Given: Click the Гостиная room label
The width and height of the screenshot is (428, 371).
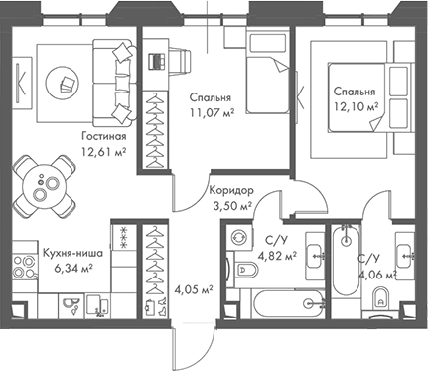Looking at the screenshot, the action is pyautogui.click(x=104, y=136).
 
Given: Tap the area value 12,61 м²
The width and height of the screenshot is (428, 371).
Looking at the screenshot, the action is pyautogui.click(x=104, y=152).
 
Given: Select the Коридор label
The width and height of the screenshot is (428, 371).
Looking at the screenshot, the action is pyautogui.click(x=231, y=191).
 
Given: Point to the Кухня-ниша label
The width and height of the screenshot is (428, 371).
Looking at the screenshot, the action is pyautogui.click(x=72, y=253).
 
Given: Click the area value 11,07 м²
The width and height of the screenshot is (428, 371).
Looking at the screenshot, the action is pyautogui.click(x=213, y=113).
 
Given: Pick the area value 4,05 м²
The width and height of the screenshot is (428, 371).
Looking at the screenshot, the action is pyautogui.click(x=194, y=290).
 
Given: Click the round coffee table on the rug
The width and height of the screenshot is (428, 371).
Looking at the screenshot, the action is pyautogui.click(x=62, y=82).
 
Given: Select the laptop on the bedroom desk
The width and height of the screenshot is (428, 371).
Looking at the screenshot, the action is pyautogui.click(x=156, y=61).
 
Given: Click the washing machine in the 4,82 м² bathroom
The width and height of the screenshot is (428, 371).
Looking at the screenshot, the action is pyautogui.click(x=239, y=238).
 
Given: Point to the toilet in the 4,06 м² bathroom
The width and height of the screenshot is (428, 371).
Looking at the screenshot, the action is pyautogui.click(x=380, y=299).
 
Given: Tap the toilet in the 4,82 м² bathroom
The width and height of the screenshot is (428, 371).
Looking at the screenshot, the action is pyautogui.click(x=246, y=270).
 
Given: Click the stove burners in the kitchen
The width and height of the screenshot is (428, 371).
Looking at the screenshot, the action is pyautogui.click(x=24, y=268).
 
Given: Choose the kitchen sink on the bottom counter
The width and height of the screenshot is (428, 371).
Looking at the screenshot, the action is pyautogui.click(x=71, y=304).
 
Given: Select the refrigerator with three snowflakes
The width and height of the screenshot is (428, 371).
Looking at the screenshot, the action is pyautogui.click(x=124, y=237).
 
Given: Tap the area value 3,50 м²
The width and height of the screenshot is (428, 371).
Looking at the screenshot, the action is pyautogui.click(x=232, y=206).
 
